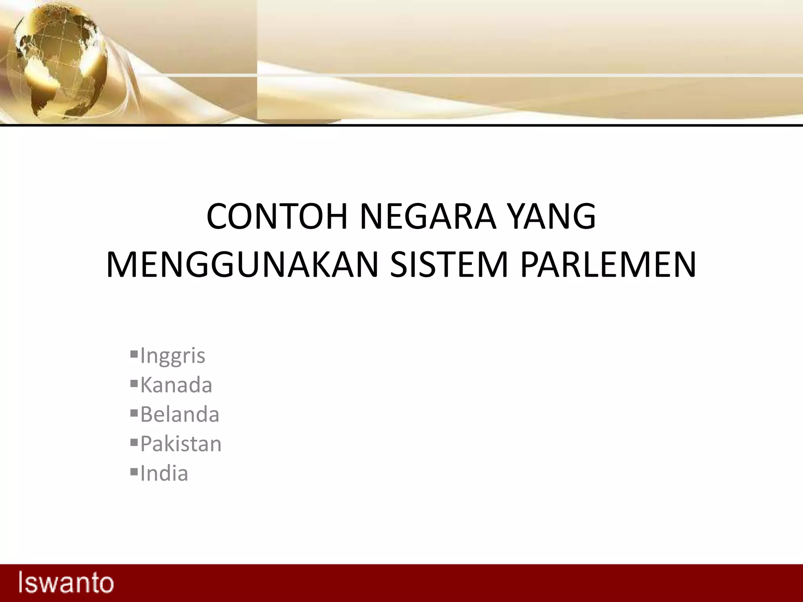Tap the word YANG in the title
[551, 216]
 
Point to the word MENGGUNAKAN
[242, 265]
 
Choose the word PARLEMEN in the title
[608, 265]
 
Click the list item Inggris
[173, 356]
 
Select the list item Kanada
[176, 385]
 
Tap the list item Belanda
[180, 414]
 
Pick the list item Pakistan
[181, 444]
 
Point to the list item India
[164, 473]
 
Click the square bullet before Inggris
[134, 354]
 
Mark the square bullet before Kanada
[134, 383]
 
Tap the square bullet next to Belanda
[134, 412]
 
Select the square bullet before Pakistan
[134, 442]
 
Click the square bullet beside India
[134, 471]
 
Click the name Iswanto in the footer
[66, 583]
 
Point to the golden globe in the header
[59, 59]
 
